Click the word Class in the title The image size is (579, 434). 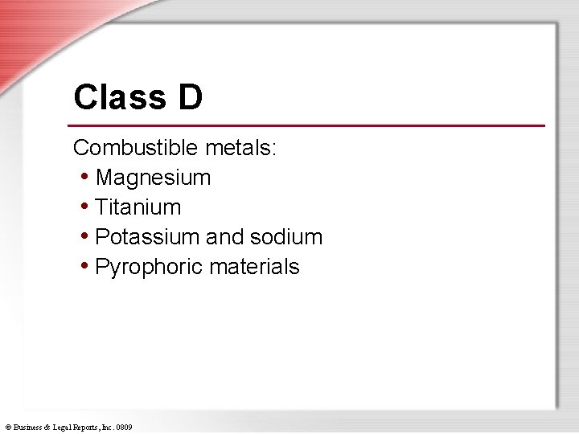pos(115,97)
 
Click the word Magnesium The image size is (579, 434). pos(153,177)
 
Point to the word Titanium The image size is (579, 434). pos(138,207)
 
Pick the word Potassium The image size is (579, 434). pos(147,236)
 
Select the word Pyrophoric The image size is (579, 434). pos(147,267)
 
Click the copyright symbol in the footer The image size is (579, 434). pos(8,428)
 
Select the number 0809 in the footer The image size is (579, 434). pos(124,428)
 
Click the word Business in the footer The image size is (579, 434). pos(28,428)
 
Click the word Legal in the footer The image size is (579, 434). pos(60,428)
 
